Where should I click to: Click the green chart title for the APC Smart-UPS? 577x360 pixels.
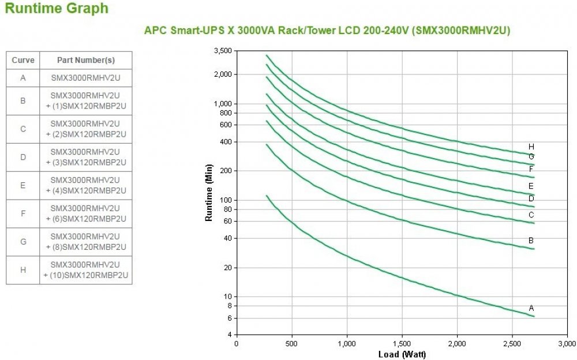327,31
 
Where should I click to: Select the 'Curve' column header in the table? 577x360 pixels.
23,61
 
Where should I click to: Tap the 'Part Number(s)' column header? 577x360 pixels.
86,61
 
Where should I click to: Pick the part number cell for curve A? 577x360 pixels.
86,78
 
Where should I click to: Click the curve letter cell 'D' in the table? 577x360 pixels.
23,157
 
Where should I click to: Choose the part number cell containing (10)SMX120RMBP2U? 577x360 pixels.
86,270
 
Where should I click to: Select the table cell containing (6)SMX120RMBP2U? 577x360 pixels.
86,213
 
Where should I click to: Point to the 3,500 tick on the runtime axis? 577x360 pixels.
222,51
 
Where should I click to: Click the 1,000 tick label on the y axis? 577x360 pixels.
222,104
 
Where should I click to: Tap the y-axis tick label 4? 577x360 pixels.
229,335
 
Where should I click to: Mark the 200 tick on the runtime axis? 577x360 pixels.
224,171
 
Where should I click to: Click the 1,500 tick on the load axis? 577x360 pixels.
402,344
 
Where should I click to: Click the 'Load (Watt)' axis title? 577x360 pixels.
402,354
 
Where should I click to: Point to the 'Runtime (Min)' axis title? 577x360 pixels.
209,193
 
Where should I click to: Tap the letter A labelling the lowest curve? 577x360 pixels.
531,308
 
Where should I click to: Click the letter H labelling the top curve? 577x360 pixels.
531,147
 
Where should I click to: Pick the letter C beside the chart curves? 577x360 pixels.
531,215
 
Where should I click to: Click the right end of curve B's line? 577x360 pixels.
534,249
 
